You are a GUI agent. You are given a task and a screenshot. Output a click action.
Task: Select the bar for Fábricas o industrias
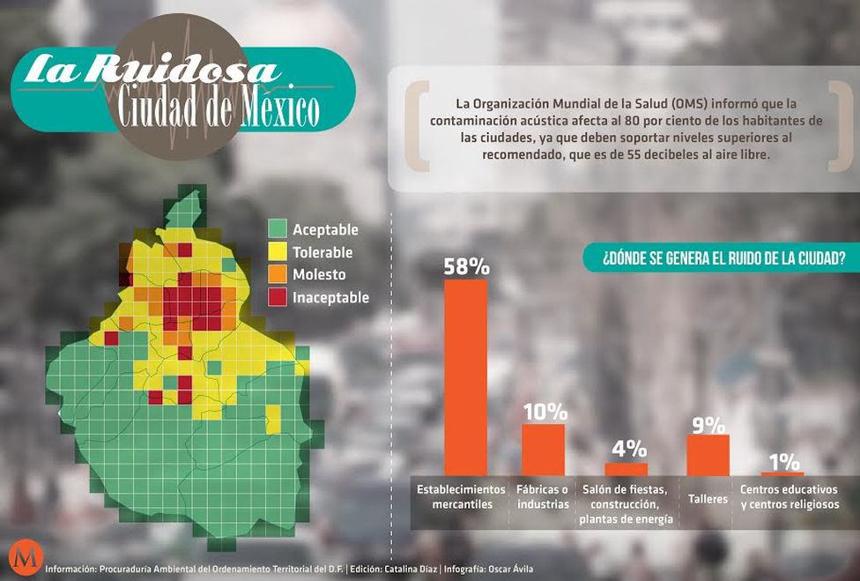[543, 450]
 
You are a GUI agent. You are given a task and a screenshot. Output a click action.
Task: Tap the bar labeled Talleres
[708, 455]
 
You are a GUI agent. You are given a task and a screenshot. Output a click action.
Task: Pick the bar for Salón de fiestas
[626, 469]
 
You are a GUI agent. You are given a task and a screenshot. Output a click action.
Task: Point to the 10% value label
[544, 412]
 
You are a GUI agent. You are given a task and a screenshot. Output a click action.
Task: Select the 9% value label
[708, 423]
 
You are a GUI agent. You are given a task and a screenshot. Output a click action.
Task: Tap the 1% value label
[783, 462]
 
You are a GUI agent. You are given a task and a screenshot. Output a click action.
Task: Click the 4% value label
[628, 449]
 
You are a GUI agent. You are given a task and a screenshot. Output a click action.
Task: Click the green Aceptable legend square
[278, 229]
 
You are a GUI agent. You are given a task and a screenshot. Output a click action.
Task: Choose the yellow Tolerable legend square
[278, 252]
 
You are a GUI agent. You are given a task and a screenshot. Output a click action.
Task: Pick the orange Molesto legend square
[278, 274]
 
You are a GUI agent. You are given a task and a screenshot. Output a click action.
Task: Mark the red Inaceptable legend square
[278, 297]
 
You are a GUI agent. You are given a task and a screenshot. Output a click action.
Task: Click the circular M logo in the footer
[21, 558]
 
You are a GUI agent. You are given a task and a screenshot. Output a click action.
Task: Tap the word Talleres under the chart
[708, 499]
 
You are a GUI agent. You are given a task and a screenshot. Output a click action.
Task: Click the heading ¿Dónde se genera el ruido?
[724, 259]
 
